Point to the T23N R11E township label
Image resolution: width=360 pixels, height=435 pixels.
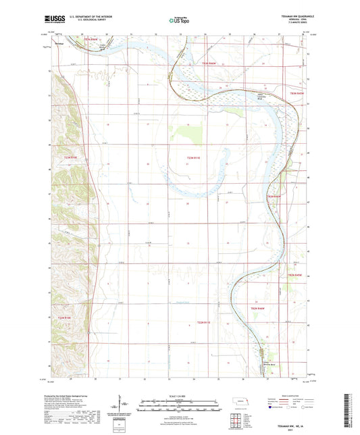(193, 158)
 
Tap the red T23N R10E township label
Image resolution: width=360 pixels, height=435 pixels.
(71, 158)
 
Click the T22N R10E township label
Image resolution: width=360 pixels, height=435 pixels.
(63, 317)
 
